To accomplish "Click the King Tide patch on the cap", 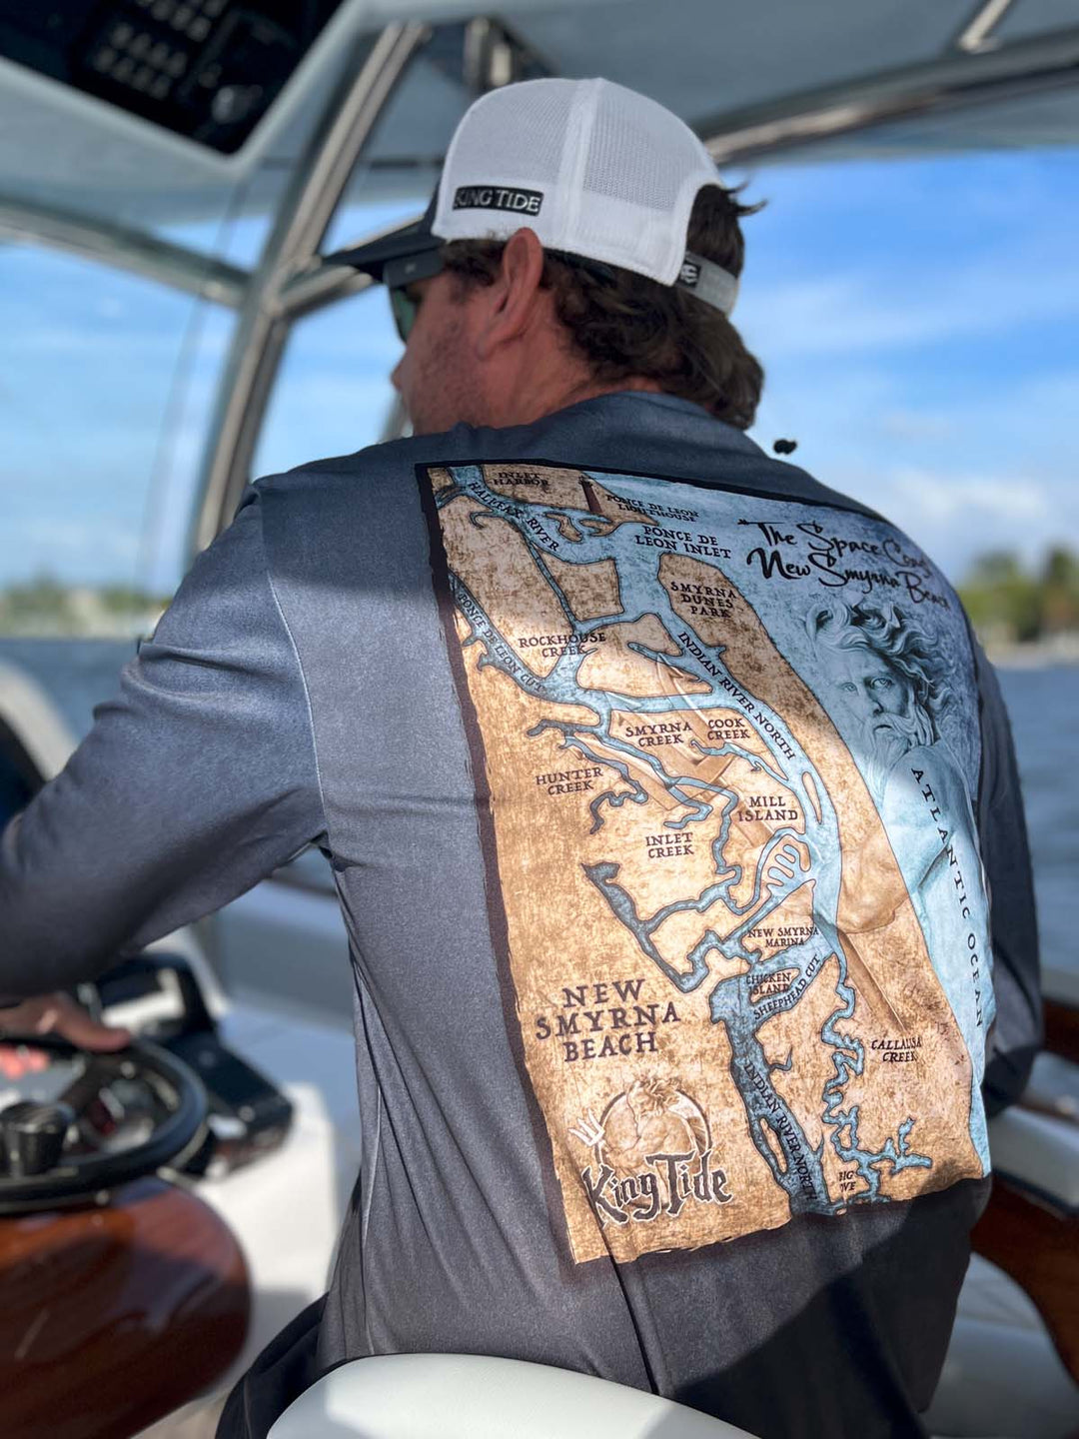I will tap(497, 200).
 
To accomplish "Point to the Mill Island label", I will tap(767, 807).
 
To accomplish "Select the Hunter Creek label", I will tap(569, 779).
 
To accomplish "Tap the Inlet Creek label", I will tap(669, 845).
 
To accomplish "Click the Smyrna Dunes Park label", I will tap(703, 604).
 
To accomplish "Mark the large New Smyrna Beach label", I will tap(605, 1019).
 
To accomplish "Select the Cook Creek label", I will tap(728, 728).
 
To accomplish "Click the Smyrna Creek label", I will tap(654, 734).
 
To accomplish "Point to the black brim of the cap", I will tap(380, 250).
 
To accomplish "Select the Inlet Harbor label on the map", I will tap(519, 479).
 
